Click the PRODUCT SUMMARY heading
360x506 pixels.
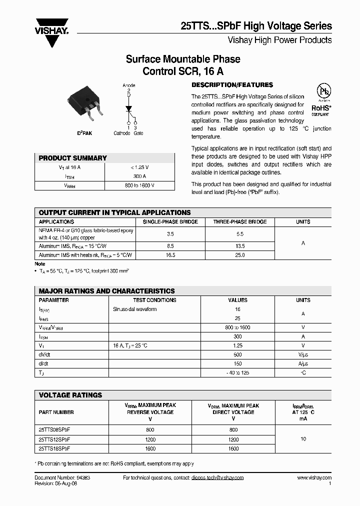(73, 158)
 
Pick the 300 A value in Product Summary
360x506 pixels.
(139, 176)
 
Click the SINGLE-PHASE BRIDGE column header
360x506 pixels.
(170, 221)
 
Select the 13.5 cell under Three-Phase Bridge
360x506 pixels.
(240, 246)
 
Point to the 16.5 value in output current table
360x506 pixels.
(170, 255)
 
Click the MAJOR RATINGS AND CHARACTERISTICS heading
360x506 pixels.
(107, 291)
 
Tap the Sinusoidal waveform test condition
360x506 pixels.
(135, 309)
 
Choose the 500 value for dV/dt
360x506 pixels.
(237, 354)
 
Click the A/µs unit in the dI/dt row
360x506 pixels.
(303, 363)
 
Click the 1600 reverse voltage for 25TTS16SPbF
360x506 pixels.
(150, 448)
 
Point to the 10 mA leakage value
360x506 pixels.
(303, 439)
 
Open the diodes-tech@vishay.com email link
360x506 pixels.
(217, 478)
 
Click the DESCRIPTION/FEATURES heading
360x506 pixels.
(232, 85)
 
